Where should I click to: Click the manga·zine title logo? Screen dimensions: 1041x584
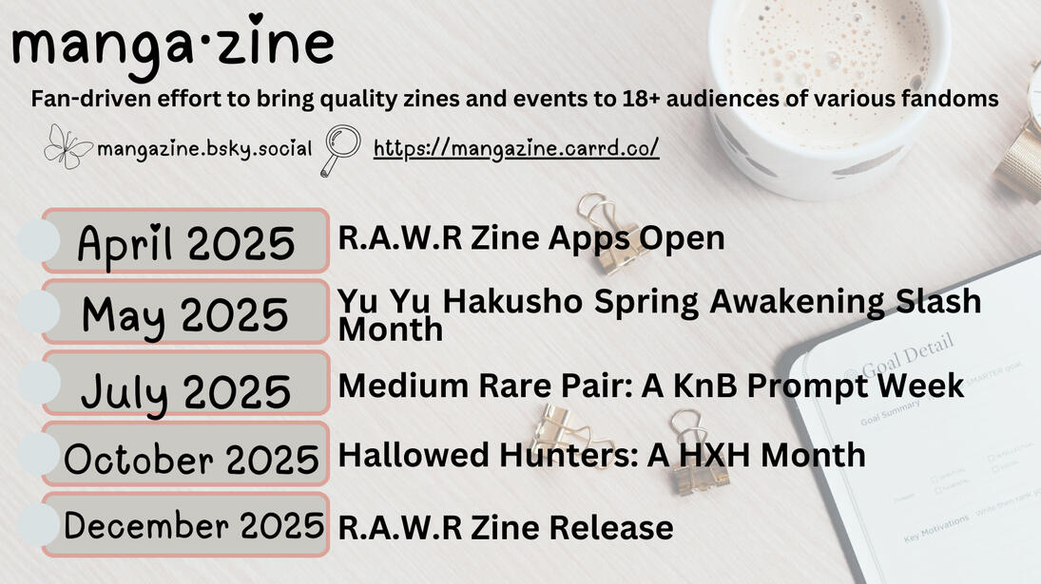(173, 45)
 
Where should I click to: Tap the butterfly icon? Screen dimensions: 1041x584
(68, 146)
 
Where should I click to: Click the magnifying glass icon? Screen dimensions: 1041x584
(340, 150)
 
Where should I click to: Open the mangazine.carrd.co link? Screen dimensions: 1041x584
(516, 148)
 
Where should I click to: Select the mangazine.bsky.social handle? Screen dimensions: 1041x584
(203, 148)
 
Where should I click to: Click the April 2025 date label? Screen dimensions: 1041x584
(186, 242)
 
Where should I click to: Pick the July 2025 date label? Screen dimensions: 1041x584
(186, 391)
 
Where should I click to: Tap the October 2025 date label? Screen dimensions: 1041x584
(191, 459)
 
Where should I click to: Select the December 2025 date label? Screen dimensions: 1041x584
(193, 526)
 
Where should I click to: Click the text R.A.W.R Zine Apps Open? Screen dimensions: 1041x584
(531, 238)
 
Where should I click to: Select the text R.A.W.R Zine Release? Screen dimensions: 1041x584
(506, 528)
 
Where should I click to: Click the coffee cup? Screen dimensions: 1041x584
(829, 93)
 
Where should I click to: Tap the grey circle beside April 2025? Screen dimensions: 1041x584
(39, 240)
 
